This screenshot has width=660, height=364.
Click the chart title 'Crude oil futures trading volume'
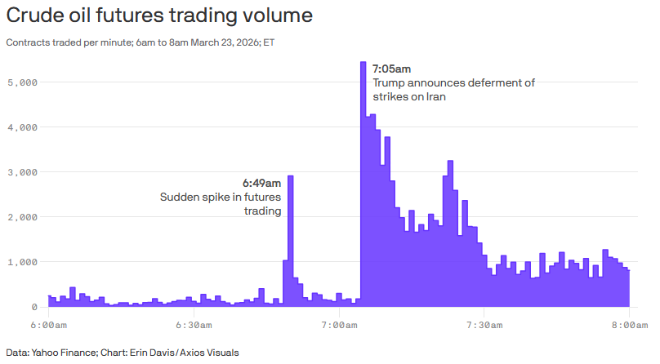(x=159, y=16)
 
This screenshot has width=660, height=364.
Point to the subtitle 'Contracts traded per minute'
(x=69, y=42)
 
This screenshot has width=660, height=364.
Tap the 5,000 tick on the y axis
(x=22, y=82)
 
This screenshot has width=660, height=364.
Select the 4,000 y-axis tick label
(x=22, y=127)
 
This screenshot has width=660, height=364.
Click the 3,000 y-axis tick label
(x=22, y=172)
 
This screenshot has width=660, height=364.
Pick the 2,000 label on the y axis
(x=22, y=217)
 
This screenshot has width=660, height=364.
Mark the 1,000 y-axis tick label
(x=22, y=262)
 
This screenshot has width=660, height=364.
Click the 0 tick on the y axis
(x=34, y=307)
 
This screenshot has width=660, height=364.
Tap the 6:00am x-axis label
(x=48, y=326)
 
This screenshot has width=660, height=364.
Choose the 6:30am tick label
(x=194, y=326)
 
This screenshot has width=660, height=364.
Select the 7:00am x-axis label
(x=339, y=326)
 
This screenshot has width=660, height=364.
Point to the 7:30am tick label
(x=484, y=326)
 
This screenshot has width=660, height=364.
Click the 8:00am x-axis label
(x=630, y=326)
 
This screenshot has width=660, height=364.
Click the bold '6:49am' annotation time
(x=261, y=184)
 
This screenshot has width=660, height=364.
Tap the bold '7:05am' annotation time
(x=391, y=69)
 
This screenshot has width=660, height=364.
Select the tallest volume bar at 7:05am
(x=363, y=184)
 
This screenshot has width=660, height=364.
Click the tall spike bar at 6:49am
(x=291, y=241)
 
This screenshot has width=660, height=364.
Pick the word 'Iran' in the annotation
(x=436, y=96)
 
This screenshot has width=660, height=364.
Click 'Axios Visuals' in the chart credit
(x=209, y=353)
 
